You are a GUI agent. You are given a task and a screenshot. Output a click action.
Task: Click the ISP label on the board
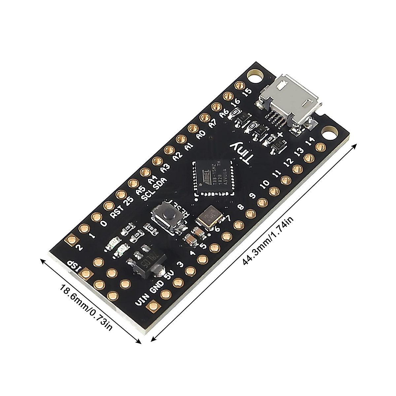(74, 267)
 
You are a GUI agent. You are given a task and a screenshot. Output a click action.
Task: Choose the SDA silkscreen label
(161, 183)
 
